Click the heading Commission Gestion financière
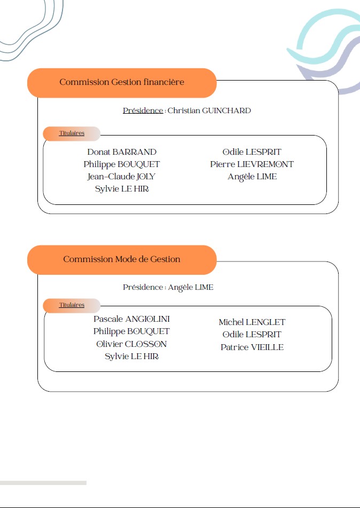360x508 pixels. pos(122,82)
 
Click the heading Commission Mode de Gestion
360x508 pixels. pos(122,259)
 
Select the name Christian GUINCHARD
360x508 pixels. pos(209,110)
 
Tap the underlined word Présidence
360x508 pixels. pos(143,110)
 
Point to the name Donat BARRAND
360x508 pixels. pos(122,152)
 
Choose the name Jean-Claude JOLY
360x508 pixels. pos(121,177)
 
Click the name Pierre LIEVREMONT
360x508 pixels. pos(252,164)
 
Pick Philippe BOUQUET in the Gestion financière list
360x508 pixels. pos(122,164)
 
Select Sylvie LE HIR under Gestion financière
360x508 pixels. pos(122,189)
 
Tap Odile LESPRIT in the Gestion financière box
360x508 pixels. pos(252,152)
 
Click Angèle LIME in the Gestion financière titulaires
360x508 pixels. pos(252,177)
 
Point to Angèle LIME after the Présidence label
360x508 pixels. pos(191,288)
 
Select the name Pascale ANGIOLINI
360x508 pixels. pos(131,319)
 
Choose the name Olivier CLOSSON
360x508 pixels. pos(131,344)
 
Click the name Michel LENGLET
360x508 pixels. pos(252,322)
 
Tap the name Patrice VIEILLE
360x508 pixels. pos(252,347)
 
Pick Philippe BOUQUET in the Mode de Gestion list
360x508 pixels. pos(131,331)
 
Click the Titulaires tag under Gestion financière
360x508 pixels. pos(72,133)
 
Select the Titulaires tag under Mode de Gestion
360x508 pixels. pos(72,305)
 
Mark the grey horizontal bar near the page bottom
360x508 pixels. pos(43,483)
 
